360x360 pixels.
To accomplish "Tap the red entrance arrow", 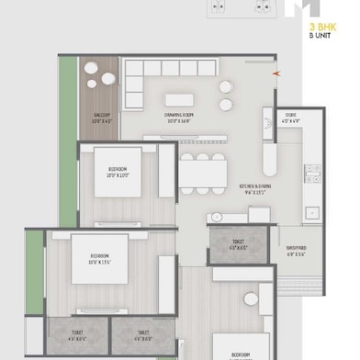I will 272,73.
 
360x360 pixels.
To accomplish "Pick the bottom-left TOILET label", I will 77,336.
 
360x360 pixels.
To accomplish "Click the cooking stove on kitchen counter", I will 311,174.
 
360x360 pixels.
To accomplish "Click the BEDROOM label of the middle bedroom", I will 101,256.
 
